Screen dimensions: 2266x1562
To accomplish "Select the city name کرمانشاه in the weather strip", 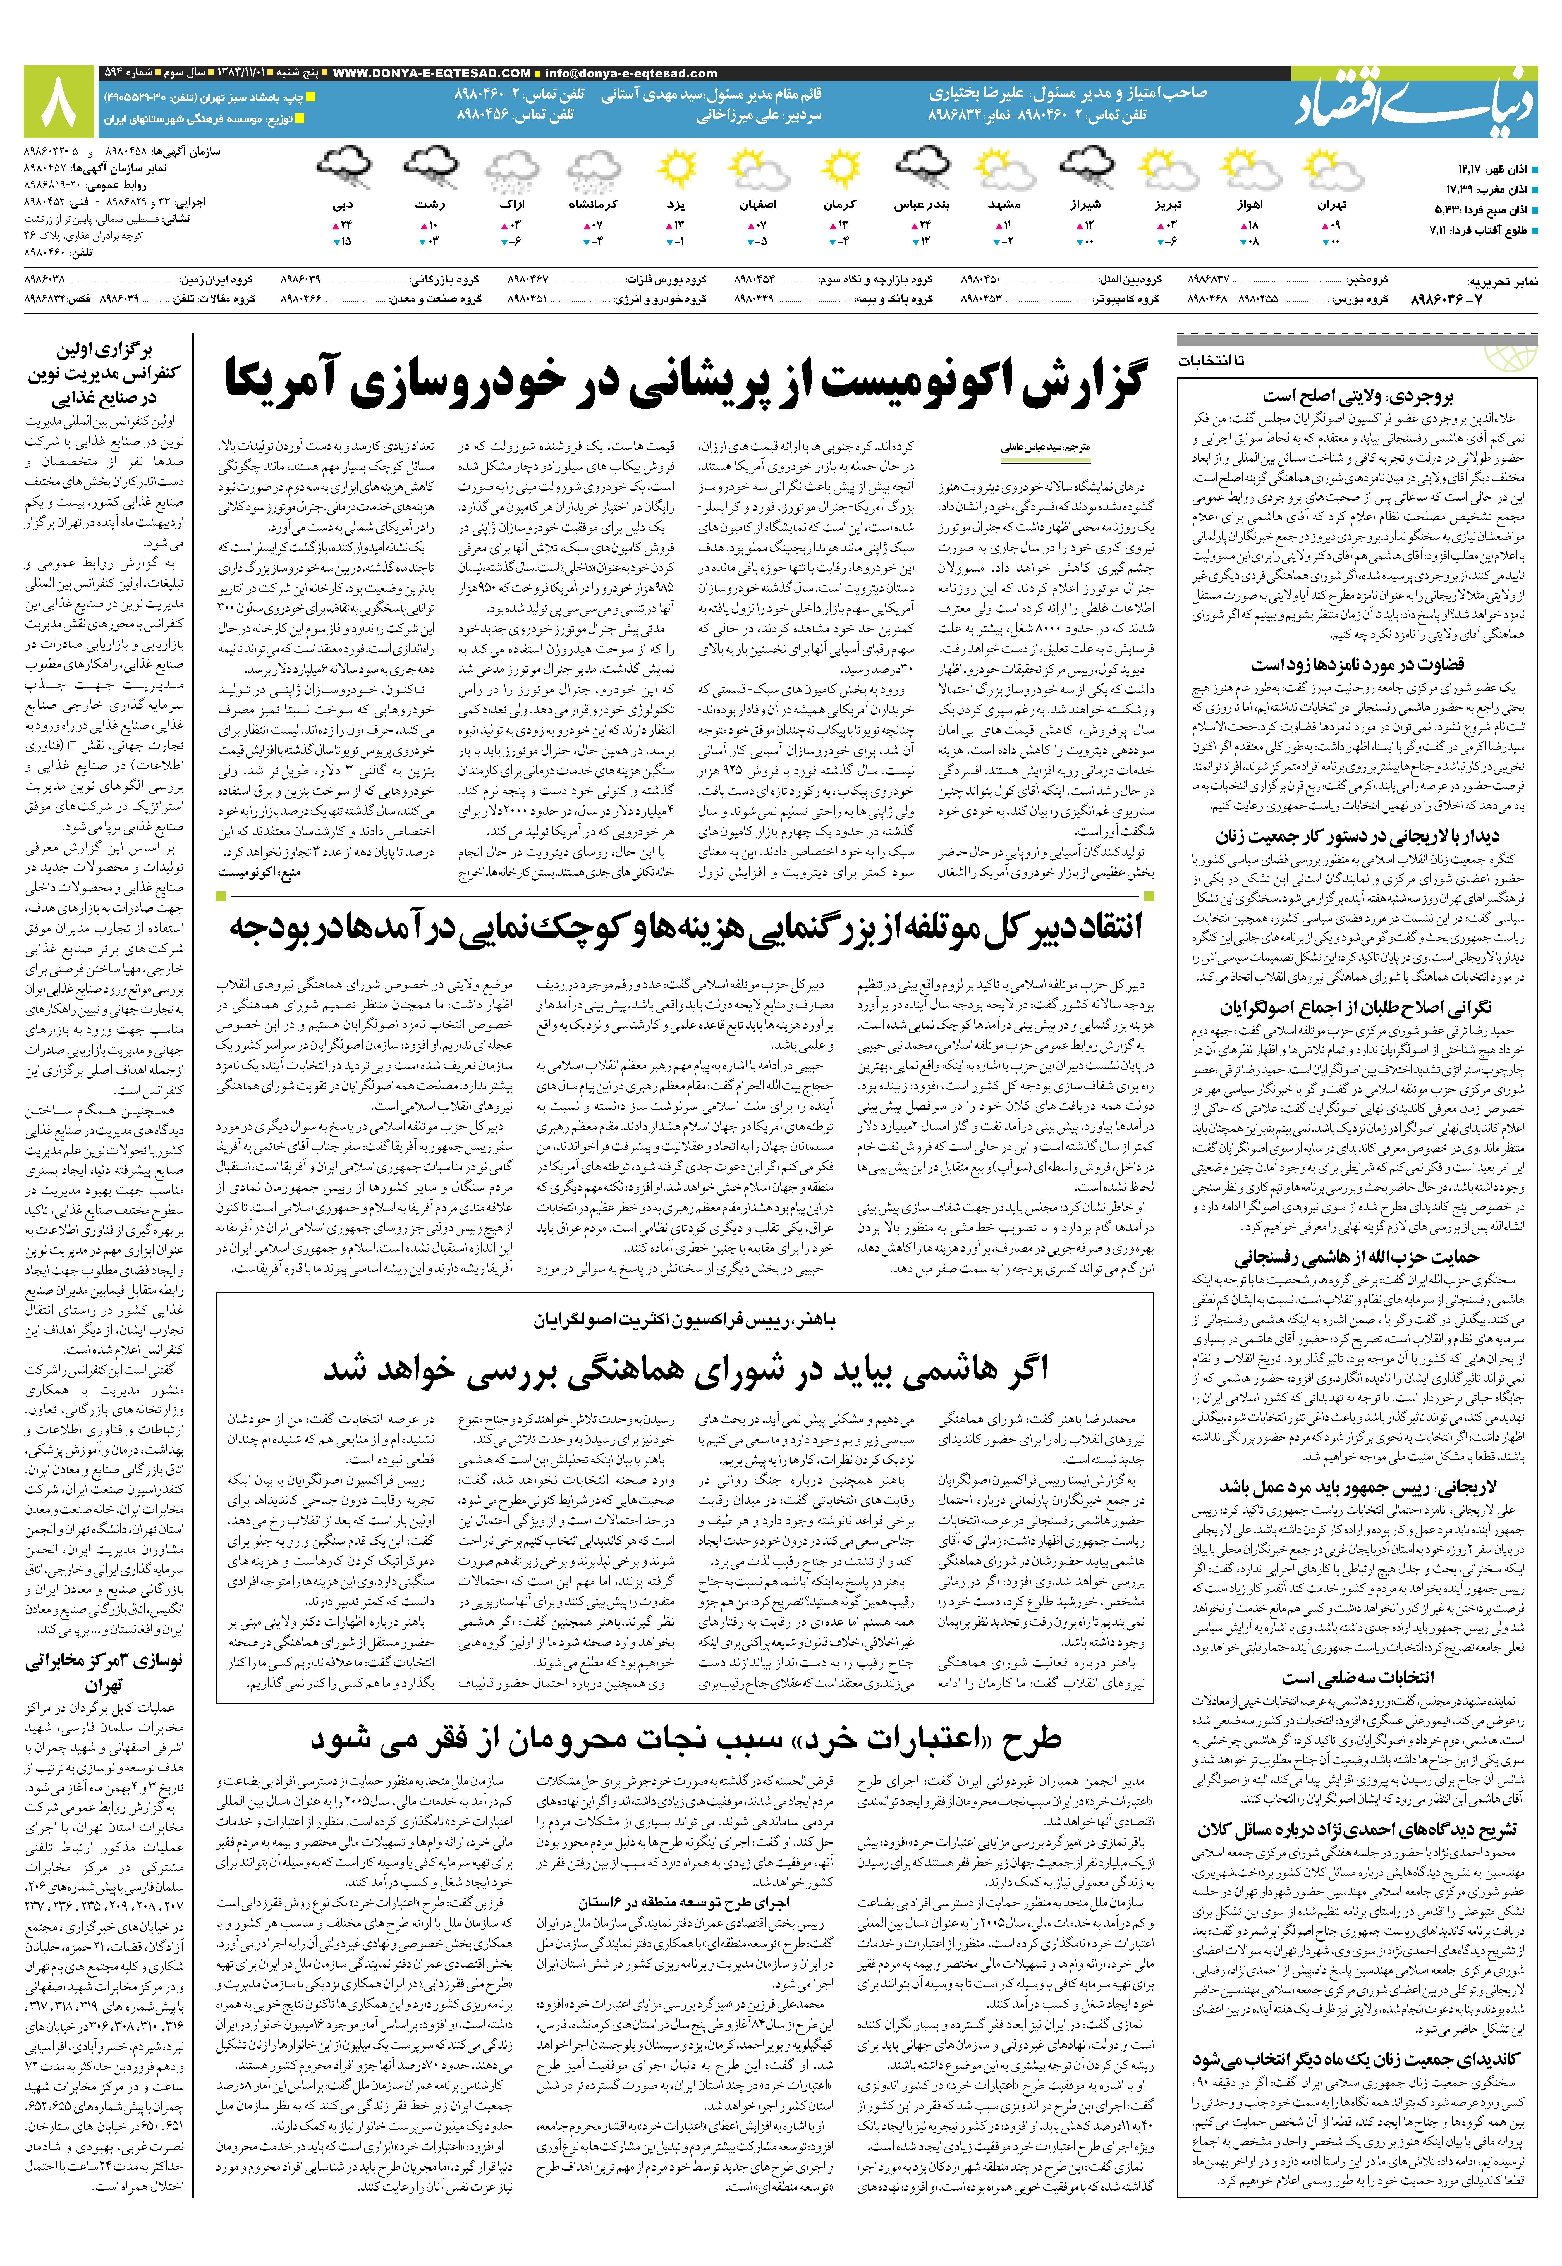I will [593, 205].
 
